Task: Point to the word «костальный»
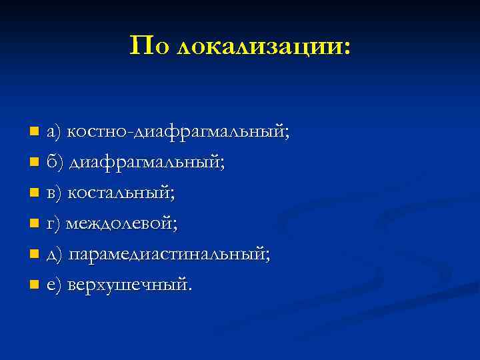(121, 193)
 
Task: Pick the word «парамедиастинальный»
(169, 255)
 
